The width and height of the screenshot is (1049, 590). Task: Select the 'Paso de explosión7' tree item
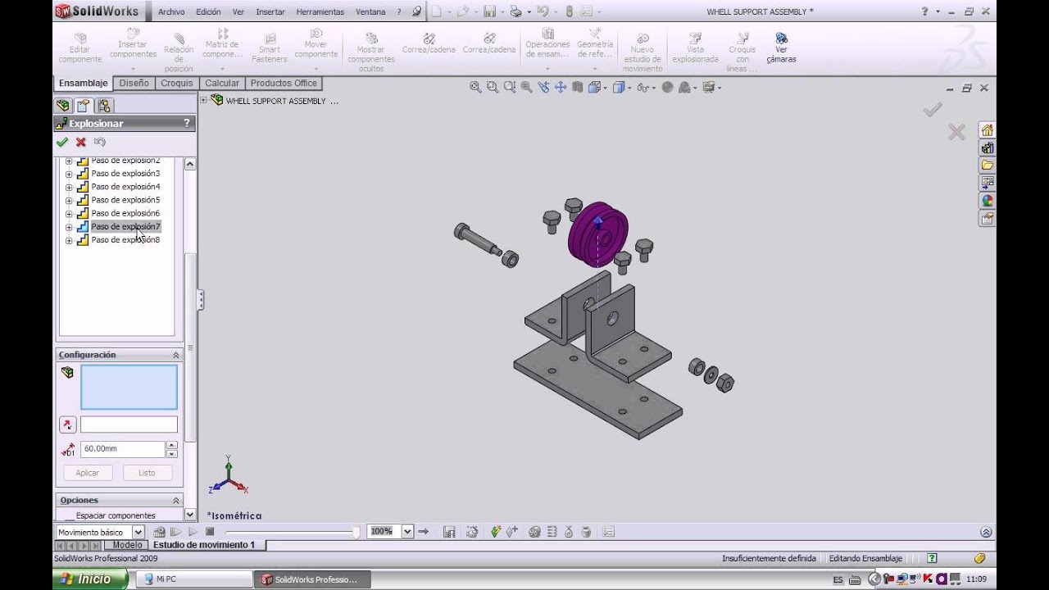[125, 226]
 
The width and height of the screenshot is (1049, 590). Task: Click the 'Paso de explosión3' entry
[125, 174]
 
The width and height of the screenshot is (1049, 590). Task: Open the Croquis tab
[177, 84]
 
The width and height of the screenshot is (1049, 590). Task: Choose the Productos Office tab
[284, 84]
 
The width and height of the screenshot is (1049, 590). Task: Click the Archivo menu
[171, 12]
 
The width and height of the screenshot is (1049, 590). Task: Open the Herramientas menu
[320, 12]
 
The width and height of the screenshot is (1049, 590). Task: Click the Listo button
[147, 473]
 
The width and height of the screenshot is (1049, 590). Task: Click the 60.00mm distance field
[122, 449]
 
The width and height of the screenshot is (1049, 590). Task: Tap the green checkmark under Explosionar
[62, 142]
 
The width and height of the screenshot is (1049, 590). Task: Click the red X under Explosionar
[80, 142]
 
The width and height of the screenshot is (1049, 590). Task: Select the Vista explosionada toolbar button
[695, 49]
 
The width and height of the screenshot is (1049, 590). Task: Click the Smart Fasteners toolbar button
[269, 49]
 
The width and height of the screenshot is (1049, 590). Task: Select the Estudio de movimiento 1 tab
[204, 545]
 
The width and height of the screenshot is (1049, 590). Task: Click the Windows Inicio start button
[90, 579]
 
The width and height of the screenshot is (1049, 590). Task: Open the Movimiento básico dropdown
[138, 532]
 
